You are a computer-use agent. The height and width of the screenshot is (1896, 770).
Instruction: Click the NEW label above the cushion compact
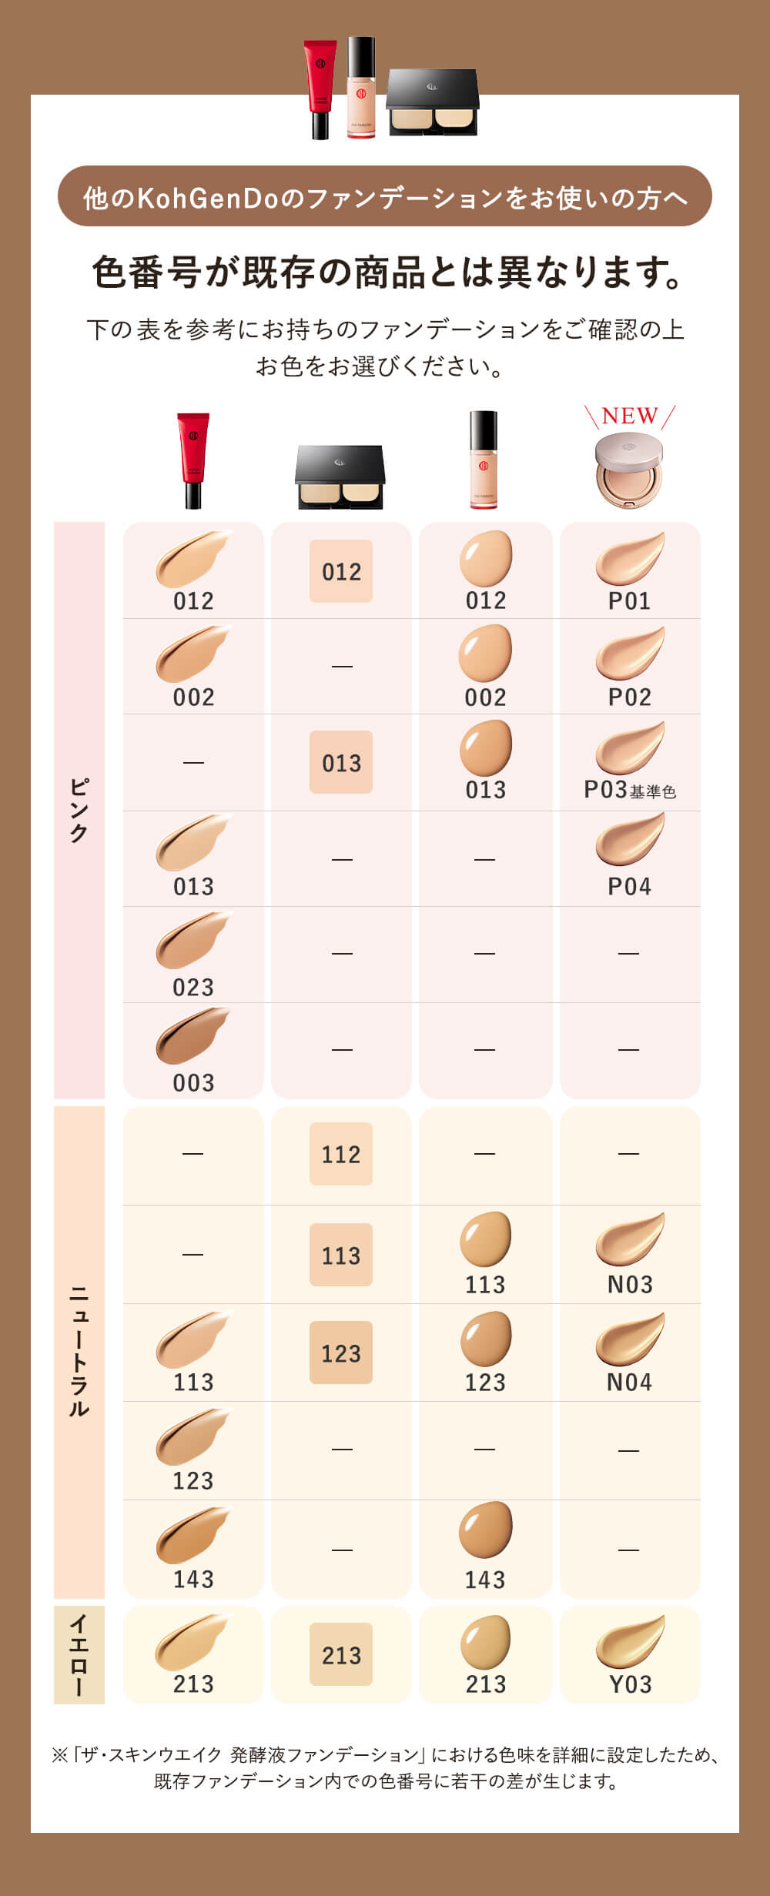click(629, 416)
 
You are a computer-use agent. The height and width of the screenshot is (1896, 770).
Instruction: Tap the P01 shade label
click(629, 601)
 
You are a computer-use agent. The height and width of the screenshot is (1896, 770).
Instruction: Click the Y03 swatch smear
click(630, 1643)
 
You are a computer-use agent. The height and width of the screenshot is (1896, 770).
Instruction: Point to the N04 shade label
click(629, 1383)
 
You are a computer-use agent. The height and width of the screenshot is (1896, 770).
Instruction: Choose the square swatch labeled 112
click(341, 1154)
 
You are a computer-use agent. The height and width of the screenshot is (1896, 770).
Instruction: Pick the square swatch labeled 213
click(341, 1655)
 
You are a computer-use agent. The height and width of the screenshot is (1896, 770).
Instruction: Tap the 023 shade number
click(193, 987)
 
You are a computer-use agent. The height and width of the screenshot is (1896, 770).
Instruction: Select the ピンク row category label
click(79, 810)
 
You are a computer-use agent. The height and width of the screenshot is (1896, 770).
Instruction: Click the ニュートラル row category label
click(79, 1351)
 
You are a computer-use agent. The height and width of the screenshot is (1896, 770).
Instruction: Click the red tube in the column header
click(193, 460)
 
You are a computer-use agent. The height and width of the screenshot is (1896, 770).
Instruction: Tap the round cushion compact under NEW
click(629, 470)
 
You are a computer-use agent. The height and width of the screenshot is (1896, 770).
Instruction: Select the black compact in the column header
click(340, 477)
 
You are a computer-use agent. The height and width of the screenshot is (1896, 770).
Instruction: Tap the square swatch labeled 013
click(341, 762)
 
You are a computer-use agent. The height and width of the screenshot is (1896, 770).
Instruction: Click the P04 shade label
click(629, 887)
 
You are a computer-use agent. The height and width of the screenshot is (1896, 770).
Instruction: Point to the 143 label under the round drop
click(485, 1580)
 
